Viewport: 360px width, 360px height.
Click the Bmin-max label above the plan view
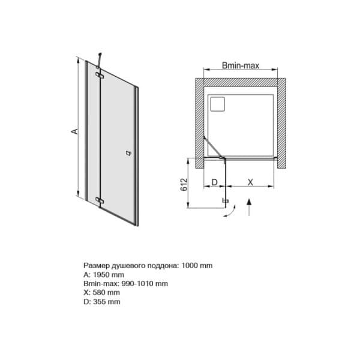(241, 65)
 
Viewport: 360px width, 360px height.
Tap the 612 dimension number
(184, 185)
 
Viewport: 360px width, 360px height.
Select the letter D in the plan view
(214, 182)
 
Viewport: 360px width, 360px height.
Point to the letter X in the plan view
(250, 182)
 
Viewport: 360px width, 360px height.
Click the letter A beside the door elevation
(74, 131)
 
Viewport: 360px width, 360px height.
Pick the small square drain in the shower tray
(217, 104)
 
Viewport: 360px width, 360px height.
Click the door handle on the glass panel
(129, 153)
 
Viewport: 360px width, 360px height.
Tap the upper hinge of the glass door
(100, 75)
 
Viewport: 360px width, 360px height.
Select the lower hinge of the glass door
(100, 200)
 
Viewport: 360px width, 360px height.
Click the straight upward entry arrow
(250, 208)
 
